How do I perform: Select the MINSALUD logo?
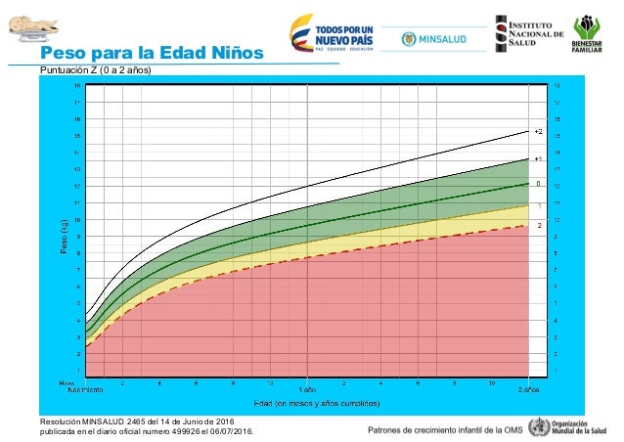(430, 38)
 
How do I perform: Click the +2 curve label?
(537, 131)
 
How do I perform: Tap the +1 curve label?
(537, 158)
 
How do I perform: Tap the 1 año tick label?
(307, 388)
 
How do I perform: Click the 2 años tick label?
(528, 388)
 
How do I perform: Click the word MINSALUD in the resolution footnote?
(105, 420)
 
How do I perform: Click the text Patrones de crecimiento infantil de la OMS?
(444, 429)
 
